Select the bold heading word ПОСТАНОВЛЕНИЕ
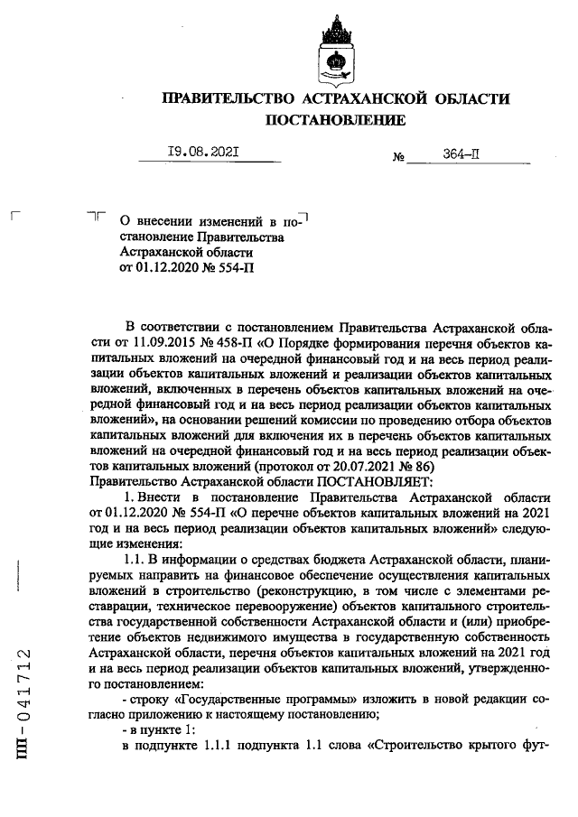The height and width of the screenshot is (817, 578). click(x=334, y=120)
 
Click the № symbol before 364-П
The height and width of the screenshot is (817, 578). click(x=397, y=157)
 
